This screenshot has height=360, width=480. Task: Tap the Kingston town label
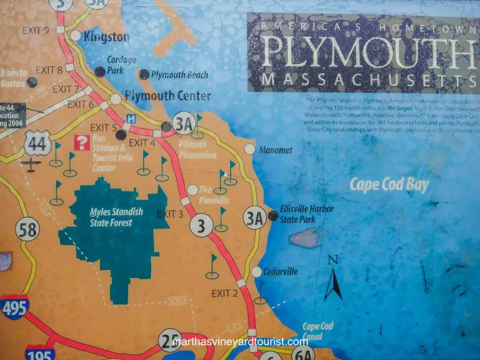point(106,37)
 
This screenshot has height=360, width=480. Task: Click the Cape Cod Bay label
point(389,184)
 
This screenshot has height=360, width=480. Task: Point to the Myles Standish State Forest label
point(116,216)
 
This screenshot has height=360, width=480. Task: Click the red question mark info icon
point(81,142)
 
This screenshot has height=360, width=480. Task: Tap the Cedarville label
point(282,272)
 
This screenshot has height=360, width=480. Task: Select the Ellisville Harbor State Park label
point(298,214)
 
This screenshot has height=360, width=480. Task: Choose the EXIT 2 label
point(224,292)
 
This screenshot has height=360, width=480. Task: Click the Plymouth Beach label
point(179,75)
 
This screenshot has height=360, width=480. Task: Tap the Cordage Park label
point(117,65)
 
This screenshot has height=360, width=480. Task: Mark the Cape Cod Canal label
point(317,331)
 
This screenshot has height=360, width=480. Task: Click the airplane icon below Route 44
point(29,165)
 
